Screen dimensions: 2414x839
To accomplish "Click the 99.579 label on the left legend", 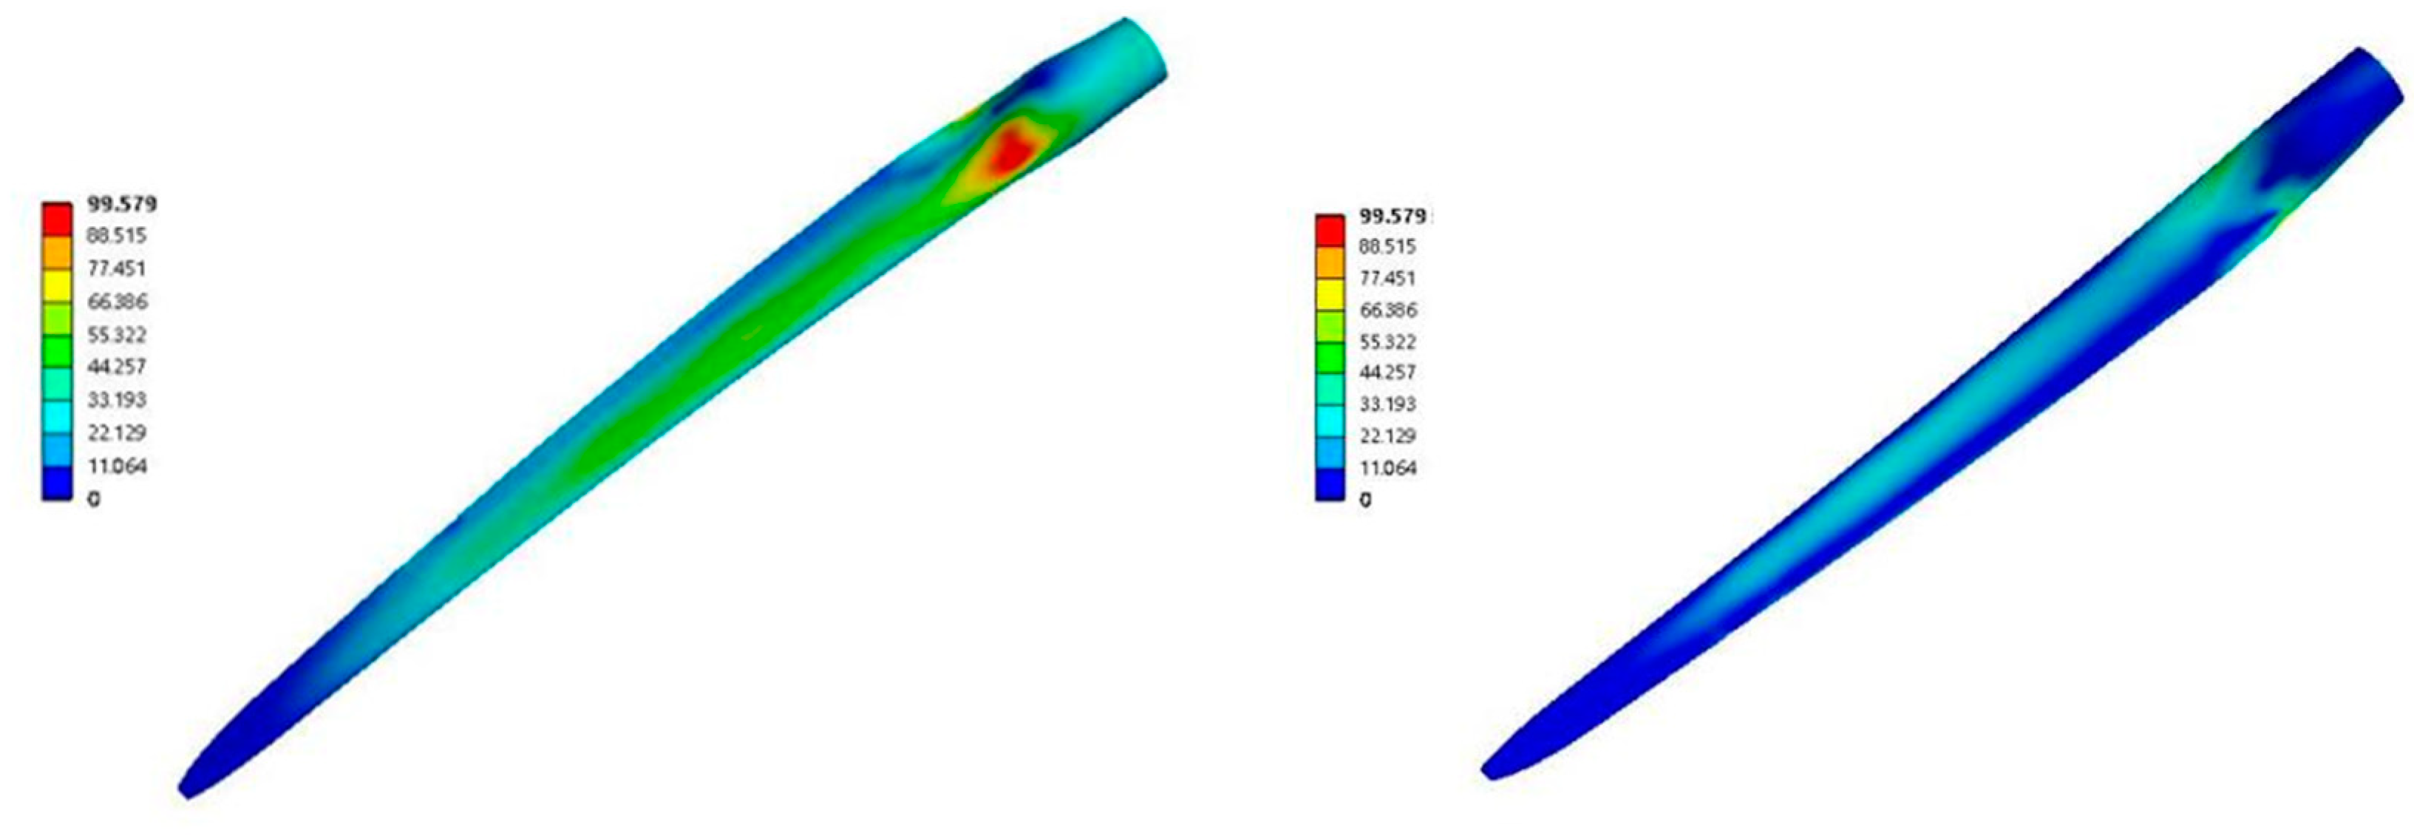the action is pos(122,203).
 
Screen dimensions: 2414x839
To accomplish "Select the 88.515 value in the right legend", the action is pos(1388,247).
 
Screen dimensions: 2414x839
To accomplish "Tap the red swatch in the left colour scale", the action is pos(56,218).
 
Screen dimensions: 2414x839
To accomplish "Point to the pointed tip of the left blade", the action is pos(181,795).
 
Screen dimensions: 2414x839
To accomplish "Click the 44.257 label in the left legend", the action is pos(117,367).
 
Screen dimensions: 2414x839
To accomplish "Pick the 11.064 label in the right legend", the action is pos(1388,468).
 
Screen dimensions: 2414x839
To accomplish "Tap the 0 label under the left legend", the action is pos(94,500).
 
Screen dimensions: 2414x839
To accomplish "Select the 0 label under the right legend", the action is pos(1365,500).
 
